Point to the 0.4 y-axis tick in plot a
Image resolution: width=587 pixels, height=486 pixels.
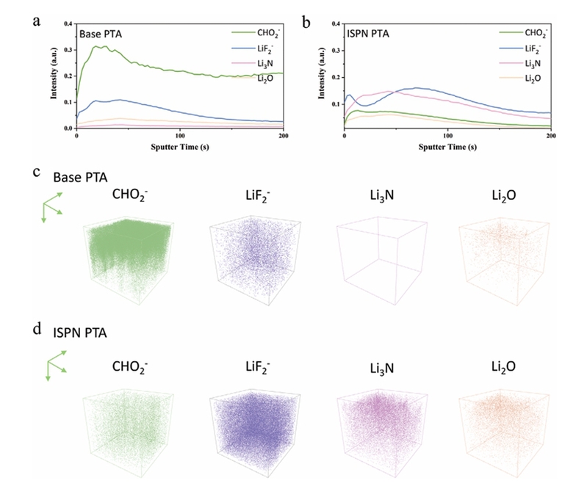click(68, 25)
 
